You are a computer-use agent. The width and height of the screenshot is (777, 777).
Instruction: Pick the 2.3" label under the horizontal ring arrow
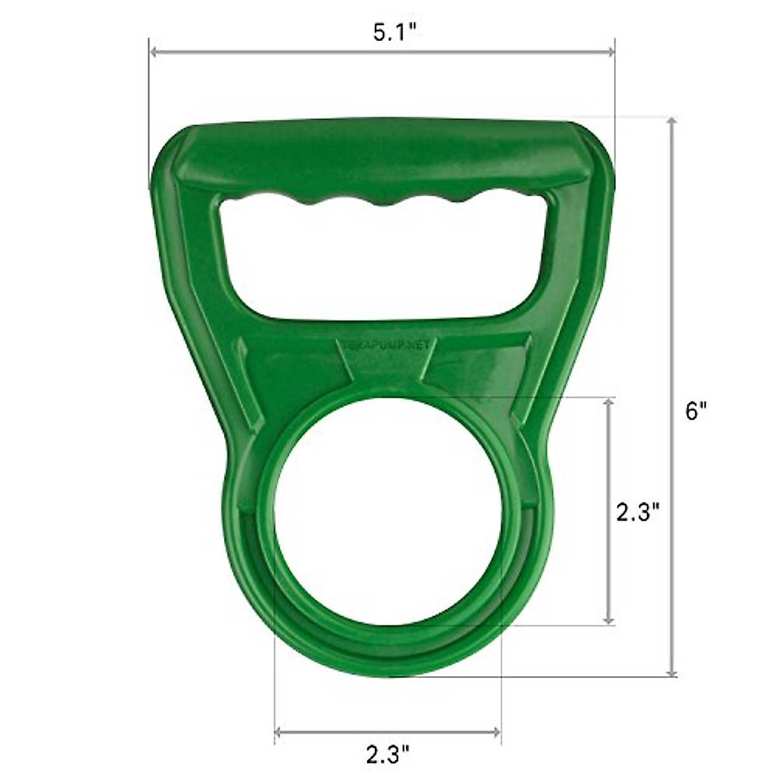tap(388, 752)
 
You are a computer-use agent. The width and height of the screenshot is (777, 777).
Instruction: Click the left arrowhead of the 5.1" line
tap(153, 53)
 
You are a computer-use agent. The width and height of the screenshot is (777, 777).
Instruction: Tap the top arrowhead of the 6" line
tap(673, 122)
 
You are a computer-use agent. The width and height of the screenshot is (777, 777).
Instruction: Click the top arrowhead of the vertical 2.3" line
tap(608, 401)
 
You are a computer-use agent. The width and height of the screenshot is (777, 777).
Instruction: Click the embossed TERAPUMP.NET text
tap(386, 345)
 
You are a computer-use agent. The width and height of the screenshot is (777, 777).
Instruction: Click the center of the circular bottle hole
tap(387, 531)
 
